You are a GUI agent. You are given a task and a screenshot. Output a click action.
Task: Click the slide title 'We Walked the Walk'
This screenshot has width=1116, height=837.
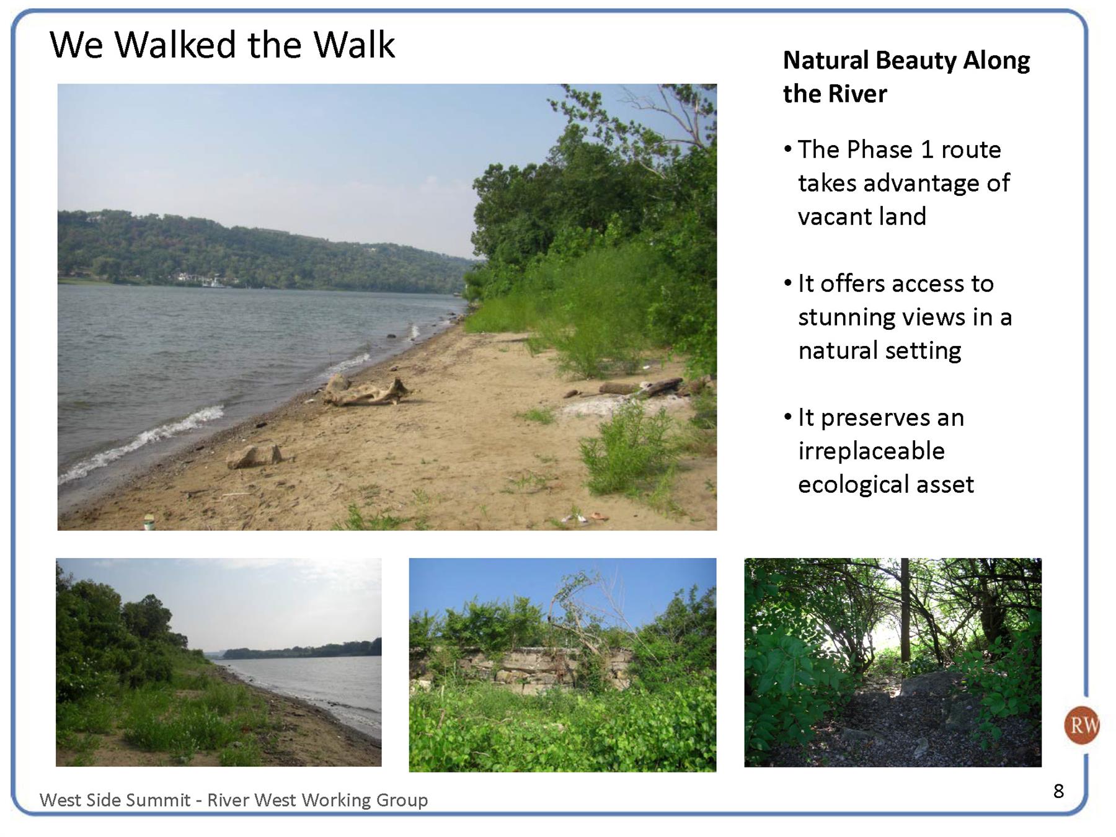222,45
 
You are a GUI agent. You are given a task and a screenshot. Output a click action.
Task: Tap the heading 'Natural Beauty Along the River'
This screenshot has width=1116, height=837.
906,77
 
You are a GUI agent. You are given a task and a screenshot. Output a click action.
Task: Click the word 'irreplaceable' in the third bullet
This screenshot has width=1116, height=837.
871,451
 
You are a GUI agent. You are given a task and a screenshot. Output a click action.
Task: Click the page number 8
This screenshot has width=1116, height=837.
1058,790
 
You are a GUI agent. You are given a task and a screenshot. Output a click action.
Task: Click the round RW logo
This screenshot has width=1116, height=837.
1082,725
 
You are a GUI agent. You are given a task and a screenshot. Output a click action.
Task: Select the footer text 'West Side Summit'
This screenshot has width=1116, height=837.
115,800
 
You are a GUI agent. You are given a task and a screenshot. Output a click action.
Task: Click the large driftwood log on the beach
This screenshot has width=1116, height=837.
366,391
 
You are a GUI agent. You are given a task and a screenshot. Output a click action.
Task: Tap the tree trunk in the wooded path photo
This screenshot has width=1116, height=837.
905,611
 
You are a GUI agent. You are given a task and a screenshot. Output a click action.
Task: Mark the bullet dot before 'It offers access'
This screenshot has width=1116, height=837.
788,283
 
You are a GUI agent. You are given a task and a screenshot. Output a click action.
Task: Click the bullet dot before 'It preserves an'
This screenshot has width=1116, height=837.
788,417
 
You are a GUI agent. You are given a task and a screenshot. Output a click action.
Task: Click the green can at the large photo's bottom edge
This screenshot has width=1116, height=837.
149,523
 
